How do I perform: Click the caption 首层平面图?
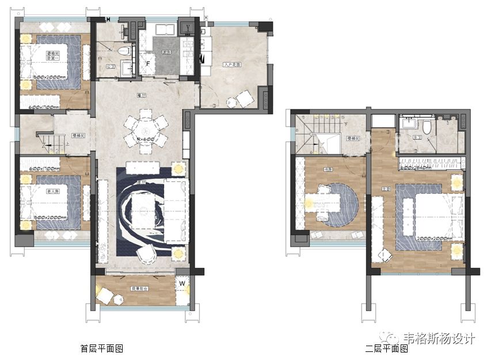tap(102, 348)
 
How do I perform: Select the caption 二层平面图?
tap(386, 348)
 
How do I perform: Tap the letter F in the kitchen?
tap(148, 63)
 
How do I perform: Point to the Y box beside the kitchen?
tap(185, 26)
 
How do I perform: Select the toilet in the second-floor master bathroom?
tap(427, 126)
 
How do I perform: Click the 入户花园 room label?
tap(231, 65)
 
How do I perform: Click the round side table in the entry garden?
tap(231, 103)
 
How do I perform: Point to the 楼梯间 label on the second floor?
tap(353, 138)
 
